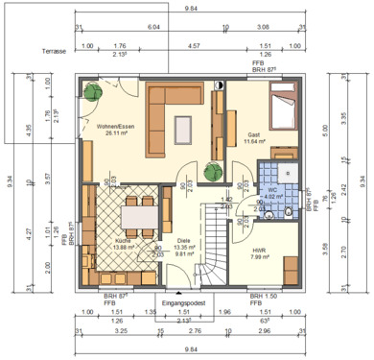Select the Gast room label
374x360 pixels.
click(x=254, y=134)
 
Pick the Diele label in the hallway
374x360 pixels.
click(x=183, y=241)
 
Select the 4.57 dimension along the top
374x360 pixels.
click(x=193, y=45)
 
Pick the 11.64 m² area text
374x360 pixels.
click(x=255, y=142)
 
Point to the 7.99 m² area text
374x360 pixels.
click(x=259, y=256)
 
